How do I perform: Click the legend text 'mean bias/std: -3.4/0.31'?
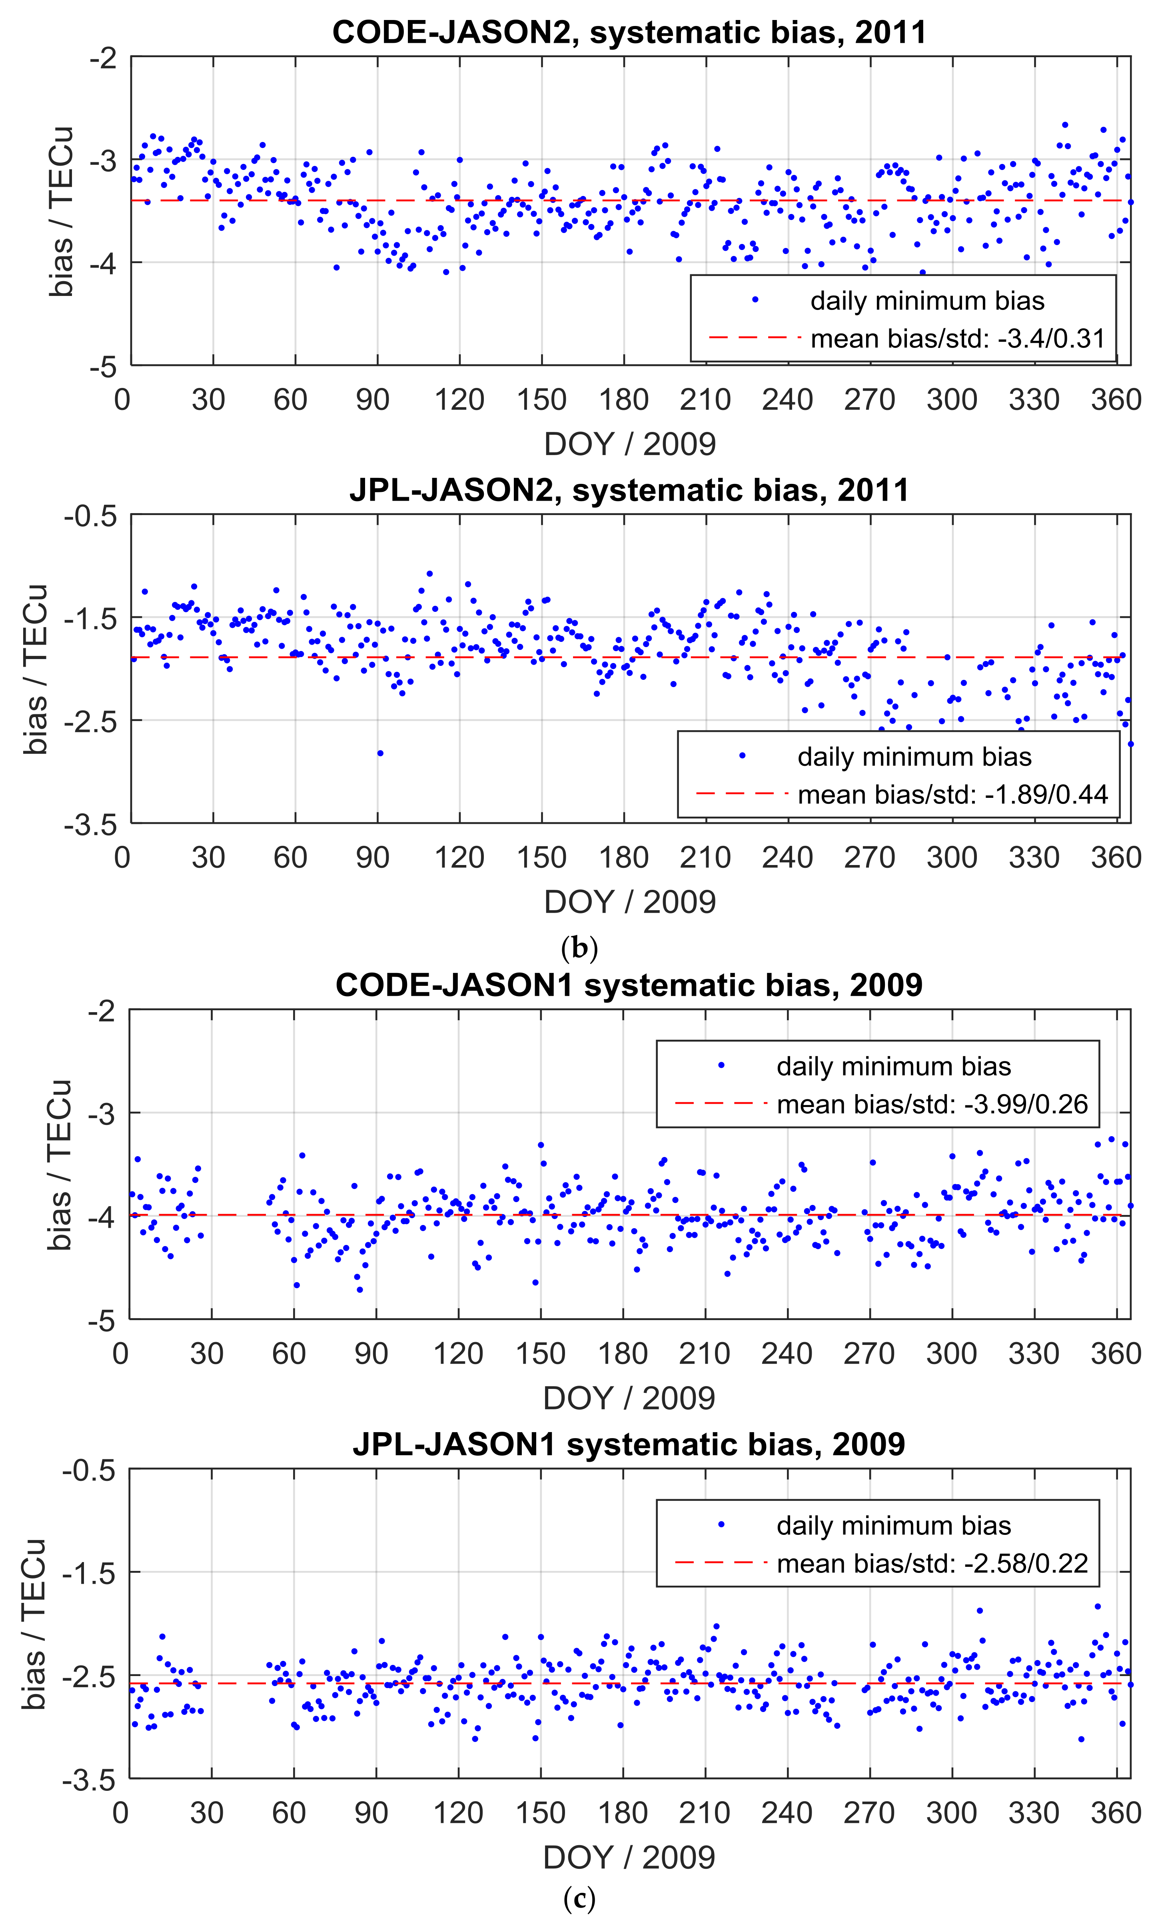(957, 339)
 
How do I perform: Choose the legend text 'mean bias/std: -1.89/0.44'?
(952, 795)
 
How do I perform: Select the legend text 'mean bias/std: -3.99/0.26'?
(932, 1104)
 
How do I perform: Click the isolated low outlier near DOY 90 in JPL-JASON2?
(380, 753)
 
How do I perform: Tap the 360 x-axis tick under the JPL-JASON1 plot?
(1116, 1812)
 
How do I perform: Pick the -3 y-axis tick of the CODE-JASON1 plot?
(102, 1113)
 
